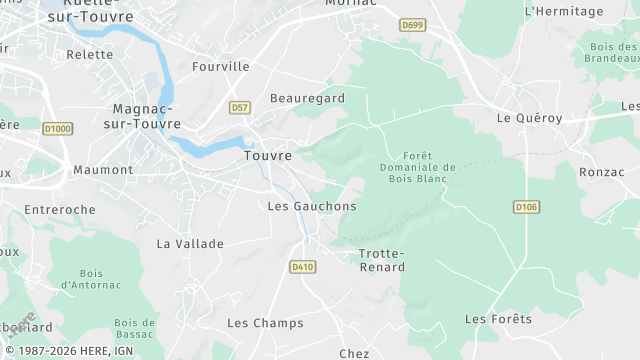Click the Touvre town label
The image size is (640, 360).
(268, 156)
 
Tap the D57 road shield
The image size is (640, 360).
(239, 107)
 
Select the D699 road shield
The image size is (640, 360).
(411, 24)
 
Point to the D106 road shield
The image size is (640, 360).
(526, 207)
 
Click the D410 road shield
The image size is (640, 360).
(302, 267)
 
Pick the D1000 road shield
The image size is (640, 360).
(58, 128)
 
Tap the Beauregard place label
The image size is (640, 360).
(307, 98)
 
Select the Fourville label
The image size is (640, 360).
(220, 66)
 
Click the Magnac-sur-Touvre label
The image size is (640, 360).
(144, 116)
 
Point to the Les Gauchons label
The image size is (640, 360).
(312, 206)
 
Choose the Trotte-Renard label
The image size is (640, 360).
(382, 260)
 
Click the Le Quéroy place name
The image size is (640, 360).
(530, 117)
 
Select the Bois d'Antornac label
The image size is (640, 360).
(91, 279)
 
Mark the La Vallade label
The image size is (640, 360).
(190, 243)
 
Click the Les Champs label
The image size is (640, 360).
(265, 323)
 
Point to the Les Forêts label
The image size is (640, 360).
(498, 319)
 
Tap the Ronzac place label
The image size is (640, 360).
(601, 172)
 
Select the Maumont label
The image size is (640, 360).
(103, 170)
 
